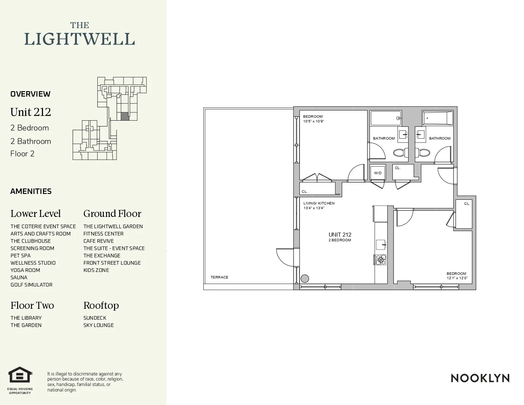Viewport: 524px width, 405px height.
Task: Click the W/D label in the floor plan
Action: [378, 173]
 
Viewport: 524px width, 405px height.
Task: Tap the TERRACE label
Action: [219, 277]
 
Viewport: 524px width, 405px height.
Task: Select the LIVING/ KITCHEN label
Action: [319, 203]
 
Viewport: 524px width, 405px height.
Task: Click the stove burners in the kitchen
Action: [381, 260]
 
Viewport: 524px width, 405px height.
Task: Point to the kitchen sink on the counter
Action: [380, 244]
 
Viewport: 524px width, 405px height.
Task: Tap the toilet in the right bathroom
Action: [423, 153]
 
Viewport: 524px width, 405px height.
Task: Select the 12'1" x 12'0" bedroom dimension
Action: [457, 278]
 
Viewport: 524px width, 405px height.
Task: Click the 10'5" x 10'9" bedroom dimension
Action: [313, 121]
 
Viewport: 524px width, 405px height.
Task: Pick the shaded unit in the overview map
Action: [125, 116]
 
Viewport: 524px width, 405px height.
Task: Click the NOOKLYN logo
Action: [480, 378]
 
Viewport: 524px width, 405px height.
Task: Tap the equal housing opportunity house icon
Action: [20, 375]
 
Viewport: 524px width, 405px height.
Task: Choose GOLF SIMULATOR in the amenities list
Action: [31, 285]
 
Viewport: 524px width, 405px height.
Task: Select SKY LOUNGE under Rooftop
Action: [98, 325]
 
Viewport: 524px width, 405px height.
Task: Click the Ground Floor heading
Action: [112, 214]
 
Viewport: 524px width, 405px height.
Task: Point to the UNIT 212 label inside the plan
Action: [340, 235]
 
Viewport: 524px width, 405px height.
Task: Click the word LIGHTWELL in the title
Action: [79, 39]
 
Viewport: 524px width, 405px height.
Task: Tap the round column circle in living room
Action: [305, 279]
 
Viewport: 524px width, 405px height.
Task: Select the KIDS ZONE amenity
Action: [96, 270]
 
